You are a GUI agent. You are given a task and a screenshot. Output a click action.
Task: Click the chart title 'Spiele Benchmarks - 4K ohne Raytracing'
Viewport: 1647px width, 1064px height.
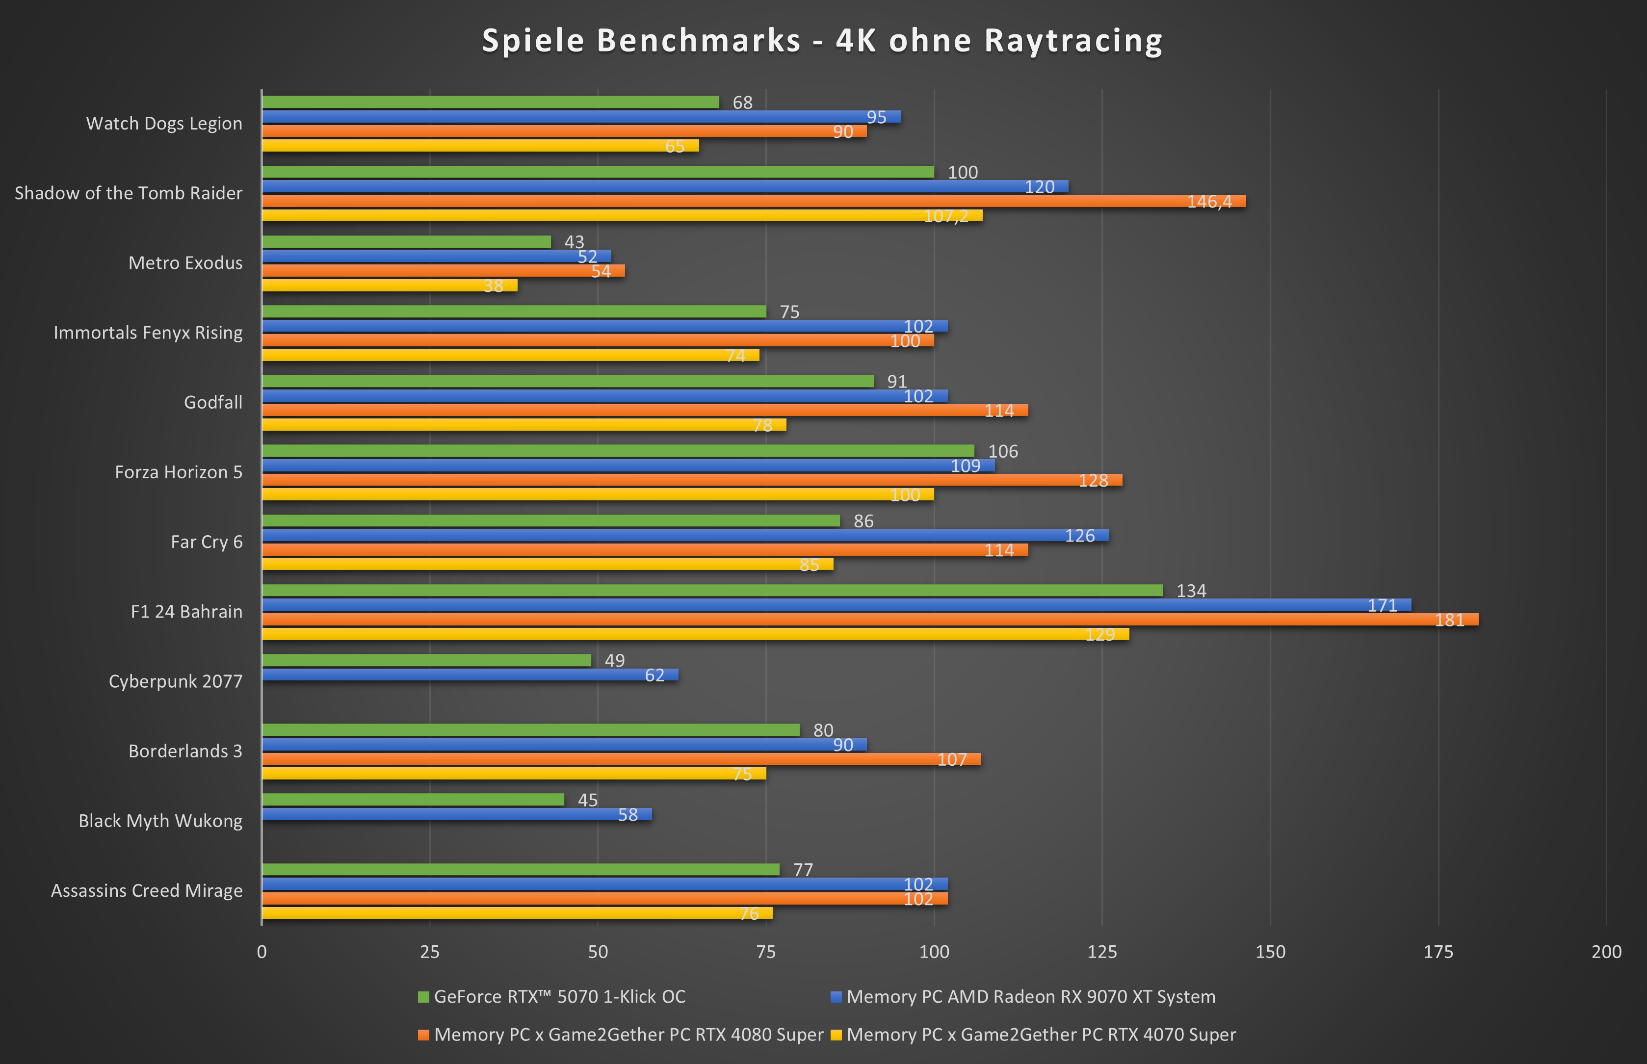click(x=822, y=40)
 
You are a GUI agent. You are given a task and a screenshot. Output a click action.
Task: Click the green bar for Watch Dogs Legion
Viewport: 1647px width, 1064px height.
click(x=491, y=102)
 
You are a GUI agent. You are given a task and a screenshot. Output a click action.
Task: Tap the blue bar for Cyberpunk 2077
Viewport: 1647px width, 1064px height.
click(x=470, y=675)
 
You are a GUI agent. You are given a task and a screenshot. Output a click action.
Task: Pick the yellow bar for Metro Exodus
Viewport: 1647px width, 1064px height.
click(x=389, y=285)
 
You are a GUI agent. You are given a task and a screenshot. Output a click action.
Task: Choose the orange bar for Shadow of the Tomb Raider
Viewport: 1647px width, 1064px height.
click(x=753, y=201)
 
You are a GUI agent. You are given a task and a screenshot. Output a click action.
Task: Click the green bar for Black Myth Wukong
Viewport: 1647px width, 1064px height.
click(x=413, y=800)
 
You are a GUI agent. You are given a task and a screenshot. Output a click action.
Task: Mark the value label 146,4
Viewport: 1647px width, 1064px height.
click(x=1209, y=202)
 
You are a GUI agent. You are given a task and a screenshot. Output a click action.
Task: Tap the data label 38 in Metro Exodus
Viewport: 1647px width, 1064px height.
click(x=493, y=286)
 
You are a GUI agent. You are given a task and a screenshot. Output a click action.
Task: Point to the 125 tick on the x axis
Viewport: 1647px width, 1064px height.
click(x=1102, y=952)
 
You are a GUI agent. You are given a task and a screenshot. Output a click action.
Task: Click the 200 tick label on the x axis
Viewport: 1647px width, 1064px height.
click(x=1606, y=952)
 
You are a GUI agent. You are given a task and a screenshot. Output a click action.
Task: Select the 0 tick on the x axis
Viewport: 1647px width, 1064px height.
click(x=262, y=952)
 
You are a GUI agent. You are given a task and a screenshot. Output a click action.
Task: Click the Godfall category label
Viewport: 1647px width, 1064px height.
click(x=213, y=403)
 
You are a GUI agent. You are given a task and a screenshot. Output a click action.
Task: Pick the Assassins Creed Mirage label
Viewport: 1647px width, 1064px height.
click(x=147, y=890)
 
